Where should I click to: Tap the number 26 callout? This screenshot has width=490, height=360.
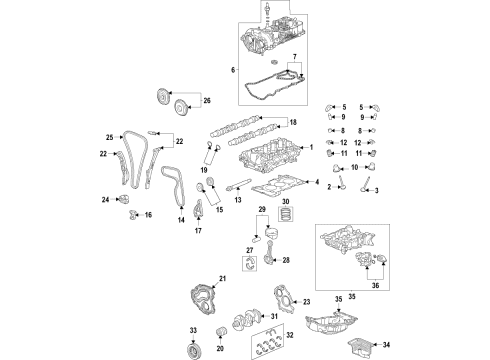click(207, 101)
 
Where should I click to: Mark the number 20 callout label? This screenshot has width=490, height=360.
click(221, 349)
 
